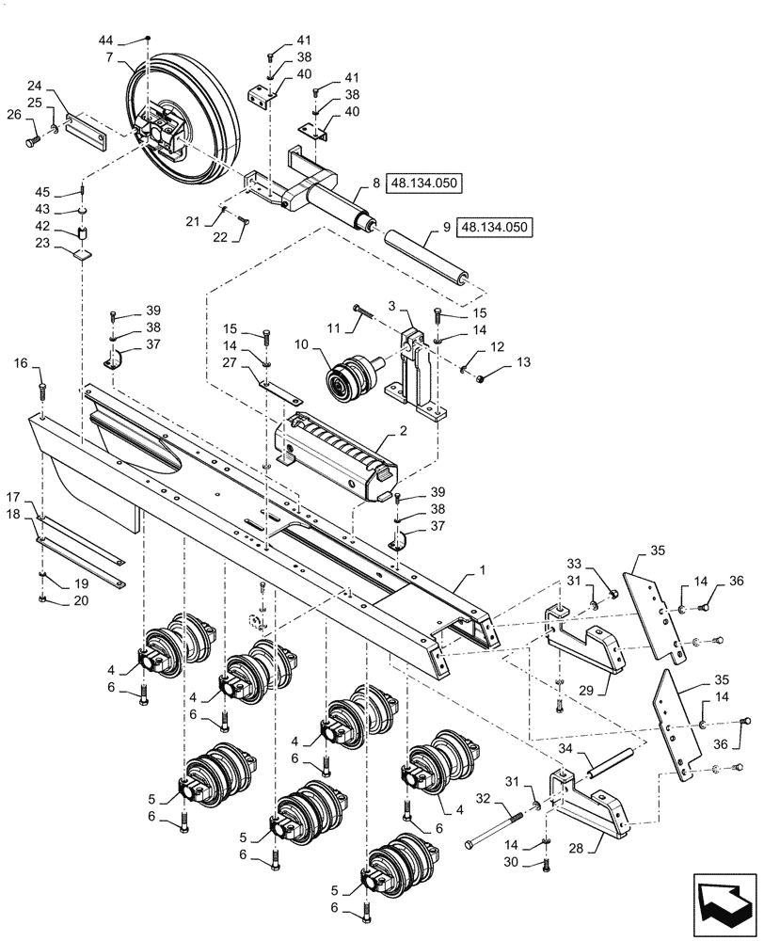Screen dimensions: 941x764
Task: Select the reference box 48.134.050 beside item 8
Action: (424, 184)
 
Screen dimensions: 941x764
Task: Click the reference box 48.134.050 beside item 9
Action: (495, 227)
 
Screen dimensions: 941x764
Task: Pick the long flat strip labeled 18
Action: (80, 550)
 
